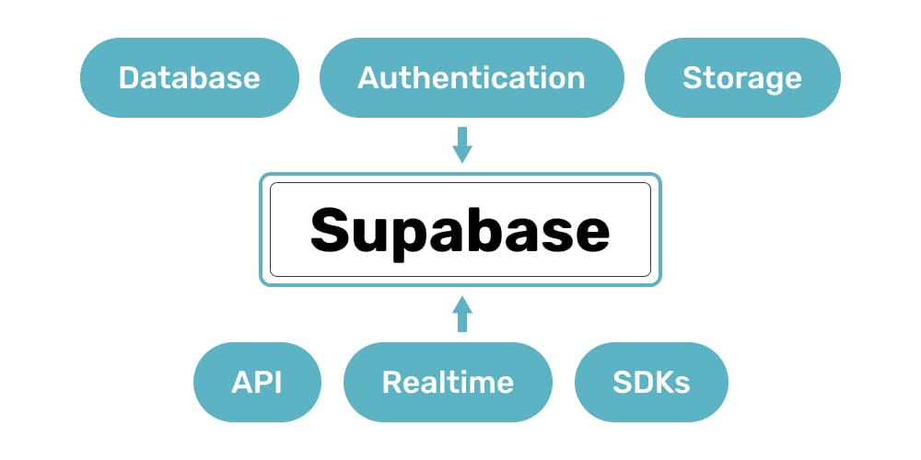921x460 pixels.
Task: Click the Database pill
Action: click(x=190, y=77)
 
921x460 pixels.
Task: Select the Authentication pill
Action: click(x=471, y=77)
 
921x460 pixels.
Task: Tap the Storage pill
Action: click(x=742, y=77)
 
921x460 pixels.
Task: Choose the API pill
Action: click(x=257, y=382)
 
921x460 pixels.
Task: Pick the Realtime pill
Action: click(x=448, y=382)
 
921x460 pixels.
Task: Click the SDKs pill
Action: click(x=651, y=382)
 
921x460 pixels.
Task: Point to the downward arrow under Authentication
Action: click(x=462, y=145)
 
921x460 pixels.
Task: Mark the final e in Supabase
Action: click(x=589, y=234)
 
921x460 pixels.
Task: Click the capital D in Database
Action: click(x=130, y=77)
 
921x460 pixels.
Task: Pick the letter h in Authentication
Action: click(x=428, y=77)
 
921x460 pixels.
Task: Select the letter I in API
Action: click(x=277, y=382)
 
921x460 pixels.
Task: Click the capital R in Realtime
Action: click(x=391, y=382)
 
